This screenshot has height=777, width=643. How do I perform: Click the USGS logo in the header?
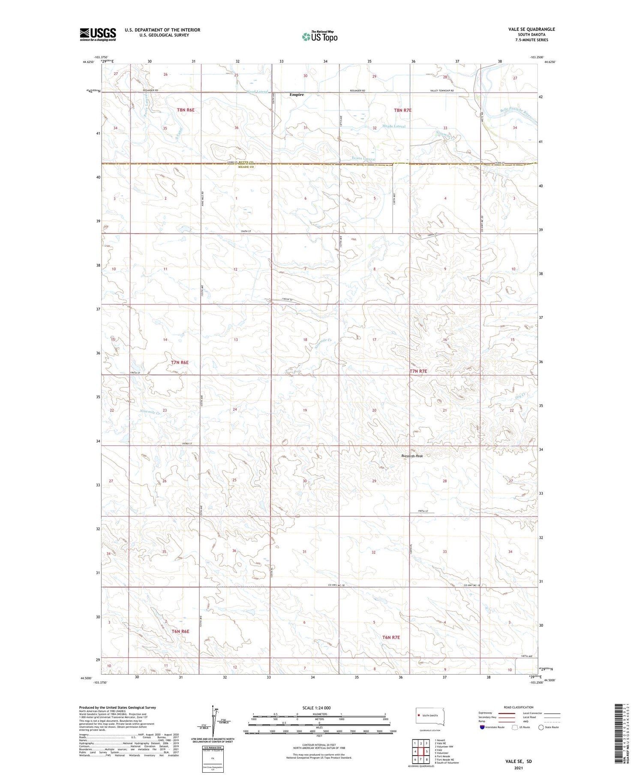98,34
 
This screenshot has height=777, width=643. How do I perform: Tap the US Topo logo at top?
320,36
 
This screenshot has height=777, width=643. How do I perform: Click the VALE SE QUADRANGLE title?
531,29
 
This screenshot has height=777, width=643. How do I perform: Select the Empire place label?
296,95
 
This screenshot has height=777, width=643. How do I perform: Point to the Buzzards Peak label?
412,456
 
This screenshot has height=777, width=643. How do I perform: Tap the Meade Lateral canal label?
394,126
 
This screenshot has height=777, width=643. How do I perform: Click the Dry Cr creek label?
520,397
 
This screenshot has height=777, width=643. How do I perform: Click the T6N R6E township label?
180,631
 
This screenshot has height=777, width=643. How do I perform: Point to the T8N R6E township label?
186,110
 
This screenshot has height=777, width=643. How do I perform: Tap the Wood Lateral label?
257,92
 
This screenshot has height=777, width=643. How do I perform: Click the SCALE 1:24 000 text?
319,708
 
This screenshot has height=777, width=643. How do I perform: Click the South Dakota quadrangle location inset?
430,716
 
